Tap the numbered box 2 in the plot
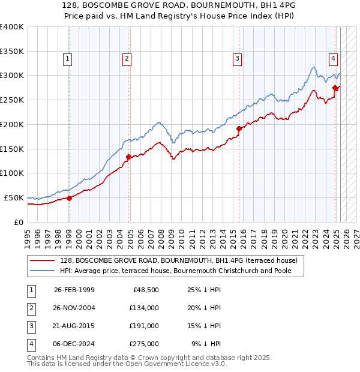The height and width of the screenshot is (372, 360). point(127,59)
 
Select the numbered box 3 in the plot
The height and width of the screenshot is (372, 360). point(238,59)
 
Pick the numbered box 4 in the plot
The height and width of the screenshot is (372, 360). point(332,59)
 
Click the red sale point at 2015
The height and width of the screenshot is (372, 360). point(239,128)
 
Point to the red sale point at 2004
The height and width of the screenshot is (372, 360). point(128,157)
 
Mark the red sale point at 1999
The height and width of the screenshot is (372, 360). point(69,198)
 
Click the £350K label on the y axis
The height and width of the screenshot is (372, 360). point(12,52)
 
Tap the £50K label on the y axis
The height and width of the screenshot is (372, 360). point(14,197)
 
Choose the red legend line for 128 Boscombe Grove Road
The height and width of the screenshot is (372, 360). point(42,260)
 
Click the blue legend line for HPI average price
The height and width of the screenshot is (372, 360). point(42,271)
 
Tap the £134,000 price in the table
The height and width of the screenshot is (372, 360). point(143,308)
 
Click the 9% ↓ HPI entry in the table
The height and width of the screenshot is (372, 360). point(206,344)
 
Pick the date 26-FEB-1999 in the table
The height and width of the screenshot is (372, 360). point(74,290)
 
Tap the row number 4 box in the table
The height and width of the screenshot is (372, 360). point(31,344)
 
